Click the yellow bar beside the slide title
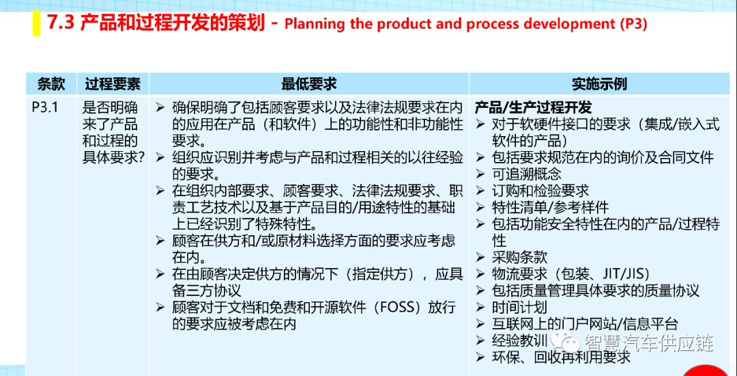pos(36,23)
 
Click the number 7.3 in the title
pos(61,24)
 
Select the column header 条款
pos(51,84)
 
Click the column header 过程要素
pos(113,84)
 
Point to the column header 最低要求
pos(309,84)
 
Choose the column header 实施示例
pos(600,84)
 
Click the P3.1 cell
pos(44,108)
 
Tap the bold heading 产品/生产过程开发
pos(533,108)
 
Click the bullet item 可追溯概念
pos(526,174)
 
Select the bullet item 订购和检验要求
pos(540,191)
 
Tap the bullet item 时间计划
pos(519,307)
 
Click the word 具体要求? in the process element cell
pos(113,157)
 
